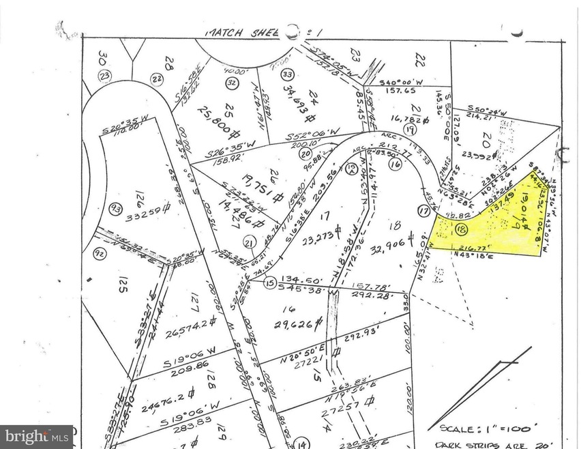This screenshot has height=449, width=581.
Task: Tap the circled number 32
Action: click(232, 83)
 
